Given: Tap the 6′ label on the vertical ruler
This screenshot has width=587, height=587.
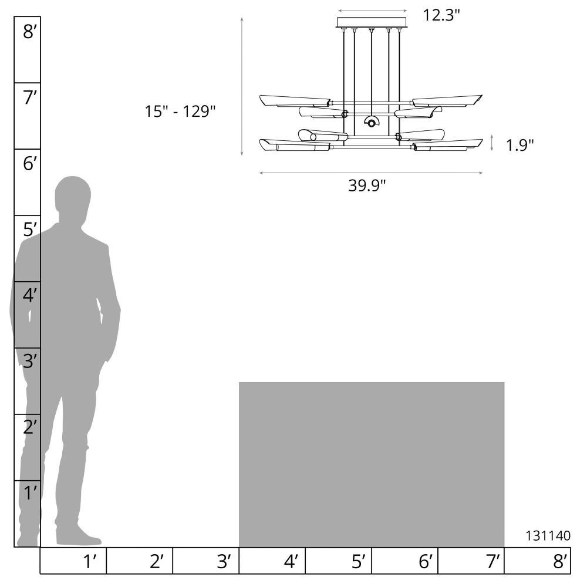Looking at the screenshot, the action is coord(30,164).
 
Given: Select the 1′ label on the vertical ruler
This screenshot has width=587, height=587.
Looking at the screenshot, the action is coord(30,492).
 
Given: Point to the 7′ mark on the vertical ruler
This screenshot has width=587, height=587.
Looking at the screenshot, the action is coord(30,97).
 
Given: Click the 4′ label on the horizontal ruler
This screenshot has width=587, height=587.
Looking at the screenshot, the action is coord(291,561).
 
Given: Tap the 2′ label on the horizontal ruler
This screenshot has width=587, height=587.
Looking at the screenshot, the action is coord(157,561).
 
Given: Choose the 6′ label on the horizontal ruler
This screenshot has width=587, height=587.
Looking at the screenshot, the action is coord(425,561).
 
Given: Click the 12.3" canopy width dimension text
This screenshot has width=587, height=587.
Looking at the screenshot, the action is coord(441,15).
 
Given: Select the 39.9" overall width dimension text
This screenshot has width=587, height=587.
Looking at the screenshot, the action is coord(367,185).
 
